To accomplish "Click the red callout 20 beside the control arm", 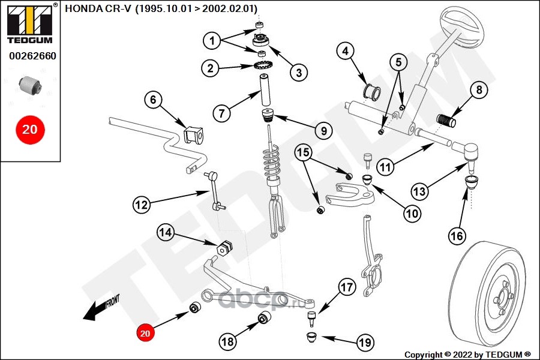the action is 145,333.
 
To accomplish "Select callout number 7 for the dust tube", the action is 221,113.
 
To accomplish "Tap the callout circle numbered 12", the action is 142,205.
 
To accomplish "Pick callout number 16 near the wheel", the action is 457,236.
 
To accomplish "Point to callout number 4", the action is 345,51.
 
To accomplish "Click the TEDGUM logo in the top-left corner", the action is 30,23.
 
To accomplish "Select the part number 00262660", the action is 32,56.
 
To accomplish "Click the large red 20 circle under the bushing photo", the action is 30,130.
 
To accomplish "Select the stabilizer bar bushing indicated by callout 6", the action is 194,135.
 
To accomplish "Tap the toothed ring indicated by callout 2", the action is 262,65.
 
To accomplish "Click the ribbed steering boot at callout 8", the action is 446,120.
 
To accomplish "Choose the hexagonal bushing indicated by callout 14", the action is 224,248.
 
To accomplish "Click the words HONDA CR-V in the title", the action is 98,8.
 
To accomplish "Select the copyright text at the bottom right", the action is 467,355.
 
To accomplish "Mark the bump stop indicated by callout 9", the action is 267,115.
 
